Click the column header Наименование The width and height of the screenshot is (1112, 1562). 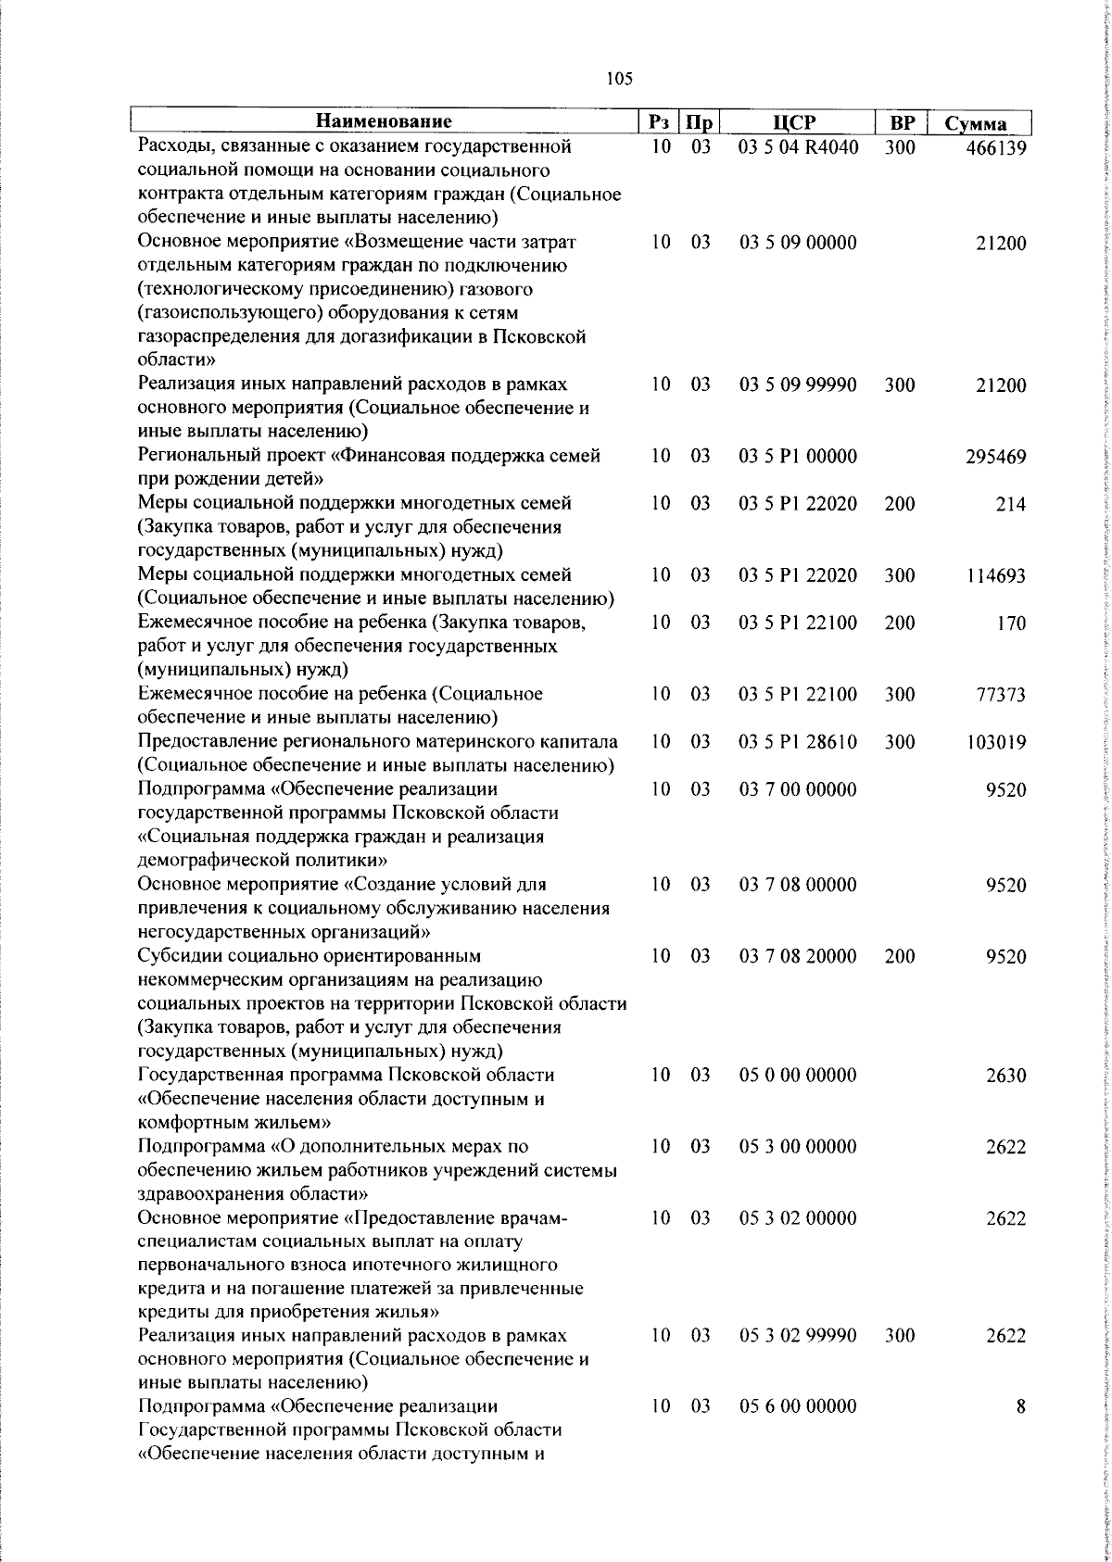coord(384,122)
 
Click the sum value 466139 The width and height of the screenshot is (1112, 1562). coord(995,148)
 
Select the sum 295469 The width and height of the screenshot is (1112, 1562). coord(995,458)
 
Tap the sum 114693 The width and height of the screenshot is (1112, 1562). coord(995,576)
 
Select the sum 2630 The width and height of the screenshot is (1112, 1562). coord(1006,1076)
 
